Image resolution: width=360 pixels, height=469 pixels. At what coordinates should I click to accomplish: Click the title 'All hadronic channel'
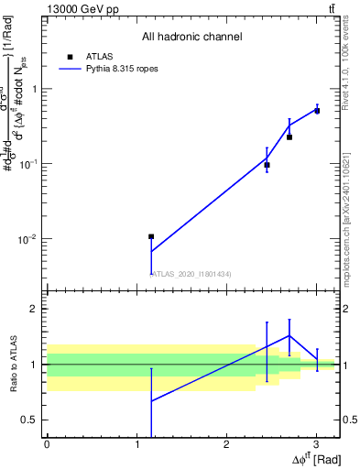coord(191,37)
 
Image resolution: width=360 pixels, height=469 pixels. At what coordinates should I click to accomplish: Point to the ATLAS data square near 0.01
coord(151,236)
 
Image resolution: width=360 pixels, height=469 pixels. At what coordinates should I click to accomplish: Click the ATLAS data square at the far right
coord(317,110)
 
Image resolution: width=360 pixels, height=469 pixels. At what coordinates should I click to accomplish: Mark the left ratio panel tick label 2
coord(35,309)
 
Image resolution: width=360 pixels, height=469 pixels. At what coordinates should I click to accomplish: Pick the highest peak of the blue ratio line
coord(289,335)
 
